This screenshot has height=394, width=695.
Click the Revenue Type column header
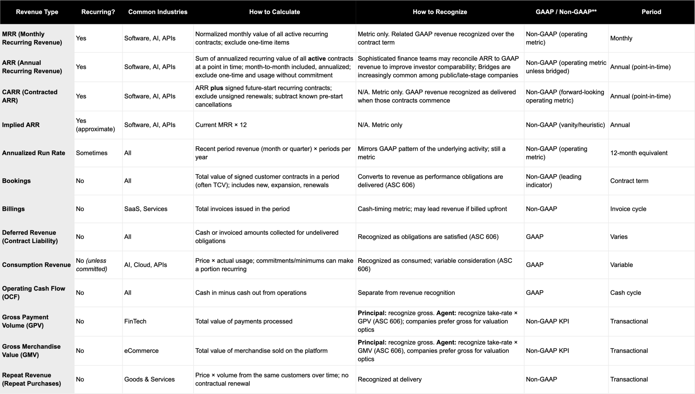point(37,12)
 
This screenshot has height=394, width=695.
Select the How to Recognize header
point(440,12)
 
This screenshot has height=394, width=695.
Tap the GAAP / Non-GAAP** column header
point(566,12)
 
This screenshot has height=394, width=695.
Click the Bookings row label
point(16,181)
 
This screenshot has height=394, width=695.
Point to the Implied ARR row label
point(21,125)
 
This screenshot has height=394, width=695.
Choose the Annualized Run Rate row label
point(34,153)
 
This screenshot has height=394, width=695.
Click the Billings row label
point(13,209)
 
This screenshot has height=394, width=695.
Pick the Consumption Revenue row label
point(36,265)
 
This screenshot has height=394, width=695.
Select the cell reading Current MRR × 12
point(221,125)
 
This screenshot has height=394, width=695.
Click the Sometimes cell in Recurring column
point(92,153)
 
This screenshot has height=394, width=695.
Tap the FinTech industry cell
point(135,321)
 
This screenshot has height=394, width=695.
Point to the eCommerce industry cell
point(141,351)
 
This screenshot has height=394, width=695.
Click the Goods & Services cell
point(149,379)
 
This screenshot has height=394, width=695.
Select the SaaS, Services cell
point(146,209)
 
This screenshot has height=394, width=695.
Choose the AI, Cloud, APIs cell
point(146,265)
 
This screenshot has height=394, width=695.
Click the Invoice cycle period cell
point(628,209)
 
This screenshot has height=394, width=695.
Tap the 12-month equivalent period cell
point(639,153)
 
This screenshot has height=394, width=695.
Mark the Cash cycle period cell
point(625,293)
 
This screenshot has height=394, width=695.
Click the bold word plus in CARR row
point(217,88)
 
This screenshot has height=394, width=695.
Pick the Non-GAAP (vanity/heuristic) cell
point(565,125)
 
